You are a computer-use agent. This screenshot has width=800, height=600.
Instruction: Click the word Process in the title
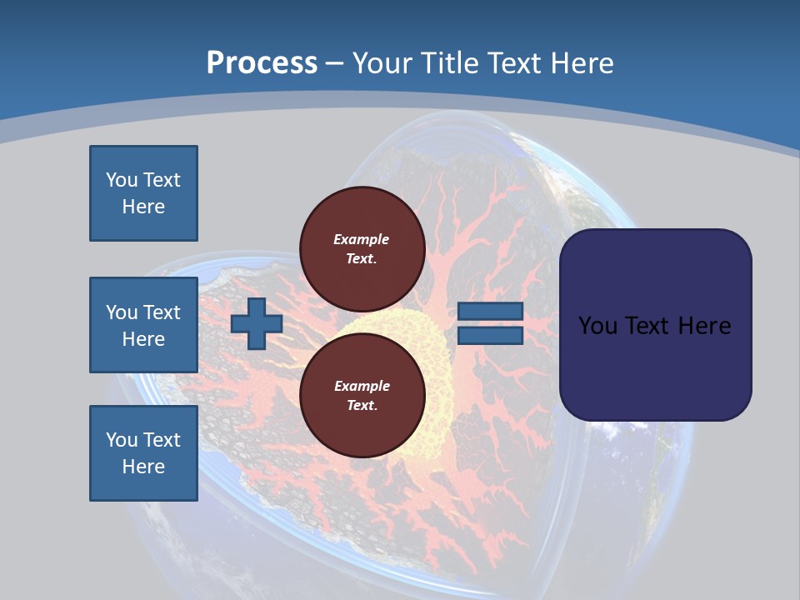pyautogui.click(x=262, y=63)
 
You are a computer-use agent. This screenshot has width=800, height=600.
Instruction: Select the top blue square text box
pyautogui.click(x=143, y=193)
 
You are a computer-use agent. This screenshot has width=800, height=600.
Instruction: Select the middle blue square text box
pyautogui.click(x=143, y=325)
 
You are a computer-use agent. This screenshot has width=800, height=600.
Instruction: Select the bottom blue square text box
pyautogui.click(x=143, y=452)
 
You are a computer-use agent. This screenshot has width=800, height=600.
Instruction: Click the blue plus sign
pyautogui.click(x=256, y=323)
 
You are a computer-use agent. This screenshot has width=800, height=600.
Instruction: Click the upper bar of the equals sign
pyautogui.click(x=490, y=312)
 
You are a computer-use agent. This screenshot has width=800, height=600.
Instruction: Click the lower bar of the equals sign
pyautogui.click(x=490, y=335)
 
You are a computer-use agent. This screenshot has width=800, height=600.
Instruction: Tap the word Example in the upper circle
pyautogui.click(x=362, y=239)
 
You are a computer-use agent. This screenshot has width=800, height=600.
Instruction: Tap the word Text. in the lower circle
pyautogui.click(x=362, y=406)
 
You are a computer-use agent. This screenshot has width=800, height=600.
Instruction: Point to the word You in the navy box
pyautogui.click(x=597, y=326)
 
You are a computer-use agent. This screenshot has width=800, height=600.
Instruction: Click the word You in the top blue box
pyautogui.click(x=121, y=180)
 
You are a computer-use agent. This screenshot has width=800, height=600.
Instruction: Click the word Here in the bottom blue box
pyautogui.click(x=143, y=467)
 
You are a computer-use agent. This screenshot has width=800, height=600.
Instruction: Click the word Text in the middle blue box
pyautogui.click(x=162, y=312)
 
